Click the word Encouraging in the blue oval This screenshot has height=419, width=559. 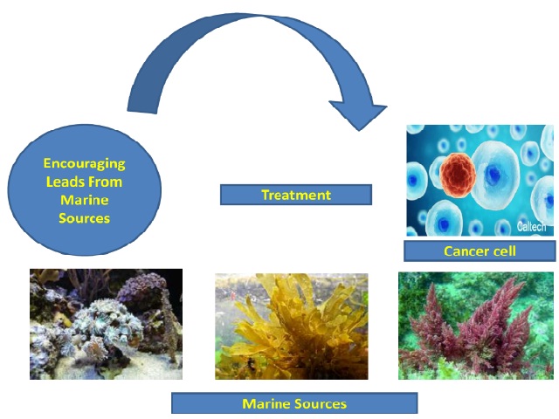click(x=85, y=163)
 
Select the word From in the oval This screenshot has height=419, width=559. click(x=105, y=182)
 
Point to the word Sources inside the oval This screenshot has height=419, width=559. click(x=85, y=218)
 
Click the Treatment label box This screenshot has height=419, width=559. click(x=296, y=195)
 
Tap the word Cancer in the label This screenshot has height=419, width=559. click(x=466, y=251)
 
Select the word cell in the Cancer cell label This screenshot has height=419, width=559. click(x=504, y=251)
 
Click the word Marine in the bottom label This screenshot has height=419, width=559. click(x=266, y=403)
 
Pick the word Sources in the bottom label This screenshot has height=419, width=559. click(x=321, y=403)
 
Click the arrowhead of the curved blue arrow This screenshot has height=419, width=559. click(x=359, y=114)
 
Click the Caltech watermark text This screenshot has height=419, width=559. click(x=531, y=227)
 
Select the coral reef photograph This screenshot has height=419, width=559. click(x=106, y=324)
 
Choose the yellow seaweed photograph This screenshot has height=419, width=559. click(x=292, y=326)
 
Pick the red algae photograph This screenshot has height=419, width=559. click(x=476, y=326)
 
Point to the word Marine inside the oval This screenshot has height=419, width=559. click(x=85, y=200)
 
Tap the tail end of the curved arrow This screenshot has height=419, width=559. click(x=141, y=112)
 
